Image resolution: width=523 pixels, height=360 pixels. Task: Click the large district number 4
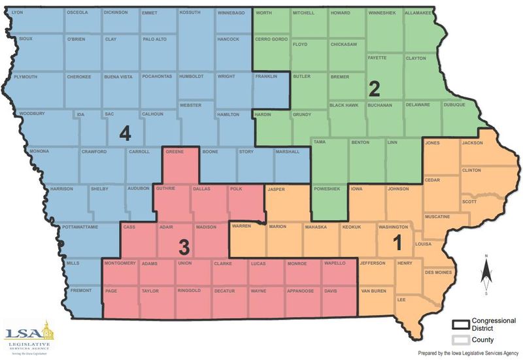(x=126, y=133)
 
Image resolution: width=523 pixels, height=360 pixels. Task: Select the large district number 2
(x=375, y=87)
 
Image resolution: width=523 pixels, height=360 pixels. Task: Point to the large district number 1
(x=397, y=243)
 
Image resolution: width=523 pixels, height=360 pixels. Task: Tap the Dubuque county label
(x=454, y=105)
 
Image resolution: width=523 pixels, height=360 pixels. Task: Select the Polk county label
(x=236, y=189)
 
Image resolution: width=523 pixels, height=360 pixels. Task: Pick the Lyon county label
(x=17, y=12)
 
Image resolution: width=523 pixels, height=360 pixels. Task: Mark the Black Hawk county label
(x=345, y=105)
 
